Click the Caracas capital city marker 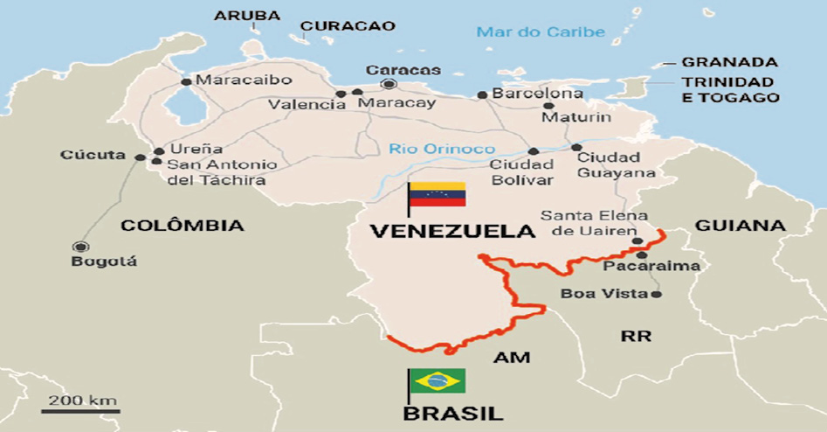(x=389, y=84)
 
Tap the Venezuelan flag (x=438, y=194)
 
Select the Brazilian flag (x=438, y=381)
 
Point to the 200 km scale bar (x=80, y=409)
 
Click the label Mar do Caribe (x=540, y=32)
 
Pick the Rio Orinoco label (x=442, y=149)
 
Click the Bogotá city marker (x=82, y=247)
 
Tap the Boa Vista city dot (x=657, y=294)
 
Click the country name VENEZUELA (x=451, y=231)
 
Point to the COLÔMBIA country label (x=182, y=226)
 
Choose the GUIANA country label (x=740, y=226)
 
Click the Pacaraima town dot (x=642, y=254)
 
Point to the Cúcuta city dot (x=141, y=157)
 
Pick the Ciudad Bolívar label (x=521, y=172)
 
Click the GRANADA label (x=729, y=62)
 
